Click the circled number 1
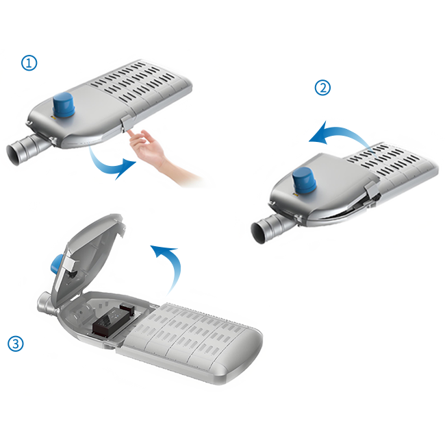coord(29,63)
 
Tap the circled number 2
coord(322,88)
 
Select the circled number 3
coord(15,344)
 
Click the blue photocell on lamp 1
coord(64,105)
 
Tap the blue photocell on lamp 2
coord(305,180)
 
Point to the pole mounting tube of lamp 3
coord(45,304)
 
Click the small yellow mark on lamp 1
coord(52,117)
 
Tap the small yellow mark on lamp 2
coord(294,195)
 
